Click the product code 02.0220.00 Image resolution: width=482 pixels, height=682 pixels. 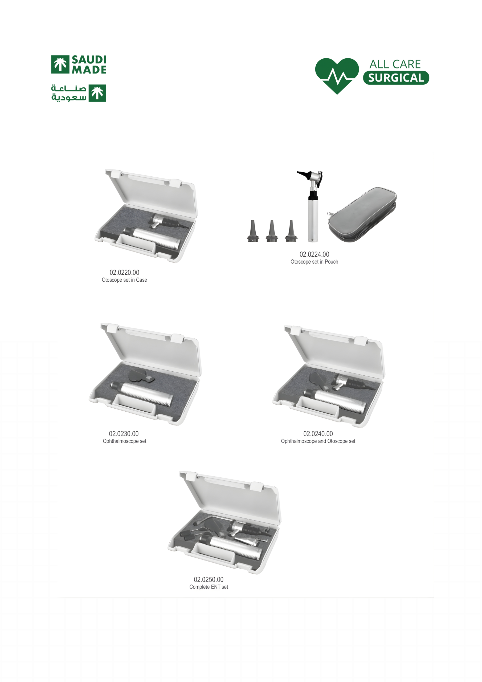[124, 272]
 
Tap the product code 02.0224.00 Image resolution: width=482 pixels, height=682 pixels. [314, 254]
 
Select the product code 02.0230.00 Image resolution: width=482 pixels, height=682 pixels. [124, 434]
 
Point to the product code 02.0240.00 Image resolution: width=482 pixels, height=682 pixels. [318, 434]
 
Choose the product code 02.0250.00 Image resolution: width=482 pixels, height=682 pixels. [209, 579]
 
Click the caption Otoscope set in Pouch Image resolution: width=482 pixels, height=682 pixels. [314, 262]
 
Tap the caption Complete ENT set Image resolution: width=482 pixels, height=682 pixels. [209, 587]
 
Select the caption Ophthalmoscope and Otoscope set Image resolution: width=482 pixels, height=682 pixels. [318, 441]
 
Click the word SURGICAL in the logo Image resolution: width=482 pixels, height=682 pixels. [396, 78]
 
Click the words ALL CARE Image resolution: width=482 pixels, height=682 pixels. [395, 64]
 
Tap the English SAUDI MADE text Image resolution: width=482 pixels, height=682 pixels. [89, 64]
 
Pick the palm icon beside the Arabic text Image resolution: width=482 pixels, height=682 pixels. [97, 93]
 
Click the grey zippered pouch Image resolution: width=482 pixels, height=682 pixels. [362, 214]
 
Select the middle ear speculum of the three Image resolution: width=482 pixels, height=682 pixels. [272, 231]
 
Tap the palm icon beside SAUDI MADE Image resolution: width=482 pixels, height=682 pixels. [60, 64]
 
